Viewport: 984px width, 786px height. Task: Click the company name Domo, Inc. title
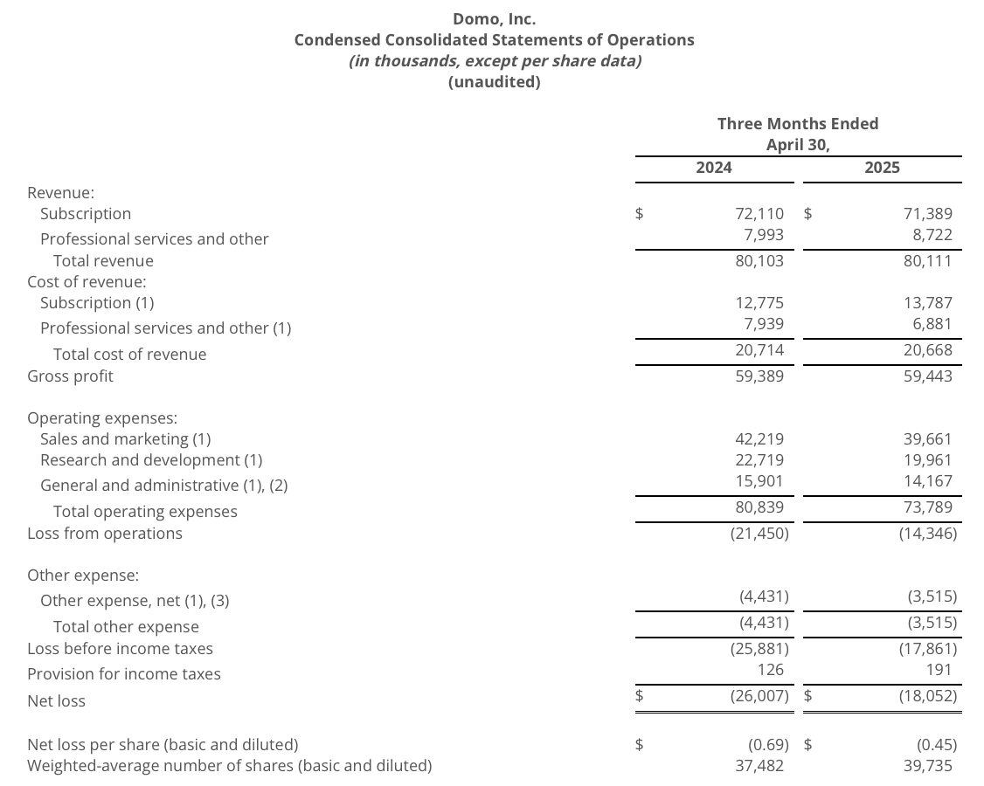(x=494, y=18)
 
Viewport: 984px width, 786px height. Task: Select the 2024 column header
(x=714, y=168)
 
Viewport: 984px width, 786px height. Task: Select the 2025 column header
(x=882, y=168)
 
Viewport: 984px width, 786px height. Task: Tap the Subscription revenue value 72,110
(x=759, y=213)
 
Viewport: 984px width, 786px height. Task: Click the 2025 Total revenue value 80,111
(x=928, y=261)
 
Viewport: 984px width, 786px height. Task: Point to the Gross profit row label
(x=70, y=376)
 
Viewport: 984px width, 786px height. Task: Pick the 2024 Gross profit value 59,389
(x=759, y=376)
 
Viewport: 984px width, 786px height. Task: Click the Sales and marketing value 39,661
(x=928, y=438)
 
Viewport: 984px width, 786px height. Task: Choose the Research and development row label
(x=151, y=460)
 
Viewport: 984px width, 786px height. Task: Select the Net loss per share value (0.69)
(x=768, y=745)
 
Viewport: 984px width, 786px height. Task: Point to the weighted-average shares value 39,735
(x=928, y=766)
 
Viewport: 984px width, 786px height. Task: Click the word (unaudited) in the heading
(x=494, y=82)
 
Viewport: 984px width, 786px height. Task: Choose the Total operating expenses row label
(x=145, y=512)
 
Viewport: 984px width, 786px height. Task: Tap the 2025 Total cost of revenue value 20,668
(x=928, y=350)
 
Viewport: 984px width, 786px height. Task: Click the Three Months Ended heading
(x=798, y=124)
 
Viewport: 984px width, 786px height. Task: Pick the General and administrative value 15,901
(x=759, y=481)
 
